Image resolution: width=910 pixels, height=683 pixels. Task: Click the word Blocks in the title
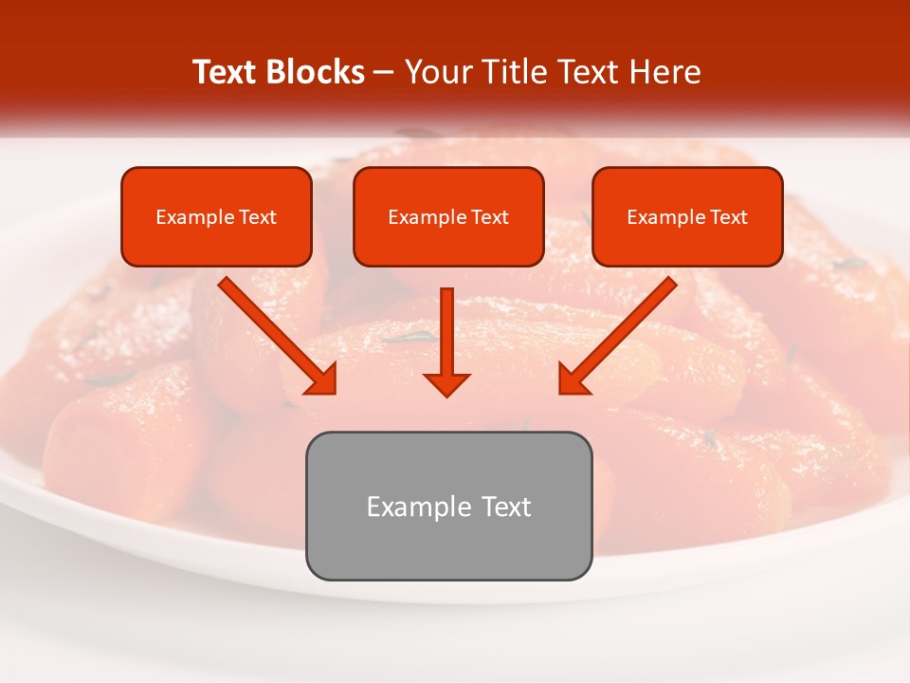coord(315,72)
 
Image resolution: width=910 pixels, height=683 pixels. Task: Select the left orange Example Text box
coord(216,216)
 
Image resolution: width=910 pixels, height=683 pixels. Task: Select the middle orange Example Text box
coord(448,216)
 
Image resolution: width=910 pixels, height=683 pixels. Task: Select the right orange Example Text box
coord(687,216)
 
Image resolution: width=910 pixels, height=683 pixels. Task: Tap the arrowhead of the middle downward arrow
coord(446,382)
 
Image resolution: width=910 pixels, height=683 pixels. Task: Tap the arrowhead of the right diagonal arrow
coord(574,378)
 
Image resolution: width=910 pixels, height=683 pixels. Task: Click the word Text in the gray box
coord(507,507)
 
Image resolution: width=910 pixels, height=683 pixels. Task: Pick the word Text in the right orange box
coord(729,217)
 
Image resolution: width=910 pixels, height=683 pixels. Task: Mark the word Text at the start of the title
coord(225,72)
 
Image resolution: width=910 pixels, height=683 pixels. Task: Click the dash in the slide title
coord(384,72)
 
